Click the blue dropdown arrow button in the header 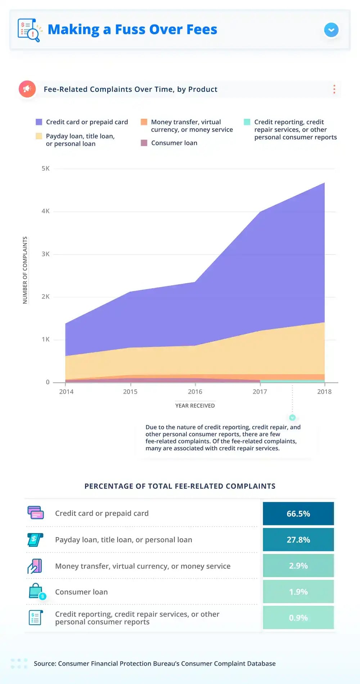click(331, 30)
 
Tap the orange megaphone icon click(27, 89)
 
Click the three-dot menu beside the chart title click(334, 89)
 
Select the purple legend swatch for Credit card click(39, 122)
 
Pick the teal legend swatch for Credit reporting click(247, 122)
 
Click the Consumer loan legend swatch click(144, 143)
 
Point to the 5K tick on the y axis click(46, 169)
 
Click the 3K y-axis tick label click(46, 254)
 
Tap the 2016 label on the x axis click(195, 392)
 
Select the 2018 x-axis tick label click(324, 392)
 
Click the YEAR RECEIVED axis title click(195, 406)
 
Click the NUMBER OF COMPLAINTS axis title click(25, 270)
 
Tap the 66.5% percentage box click(298, 514)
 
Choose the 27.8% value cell click(298, 540)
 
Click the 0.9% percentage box click(298, 618)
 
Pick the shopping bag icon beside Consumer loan click(36, 591)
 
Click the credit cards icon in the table click(36, 513)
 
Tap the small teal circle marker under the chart click(292, 417)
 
